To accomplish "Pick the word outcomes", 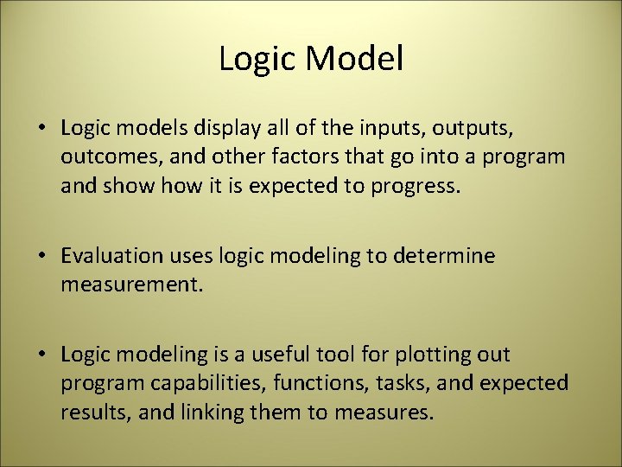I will tap(105, 157).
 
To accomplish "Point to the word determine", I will tap(444, 256).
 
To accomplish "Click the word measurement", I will tap(130, 285).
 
